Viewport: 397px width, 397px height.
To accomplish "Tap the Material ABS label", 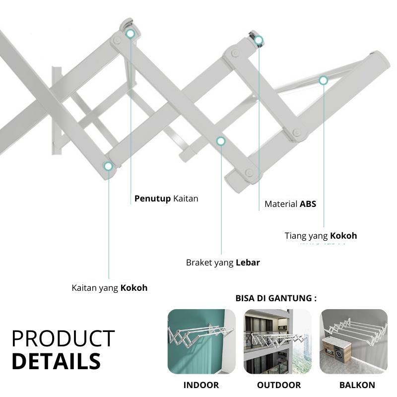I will coord(290,204).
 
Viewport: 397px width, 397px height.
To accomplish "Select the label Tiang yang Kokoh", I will coord(321,236).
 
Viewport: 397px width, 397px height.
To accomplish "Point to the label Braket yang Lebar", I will coord(223,263).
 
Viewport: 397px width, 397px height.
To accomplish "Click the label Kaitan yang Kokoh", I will coord(109,288).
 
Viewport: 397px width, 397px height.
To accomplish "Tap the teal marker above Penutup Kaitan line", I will coord(131,34).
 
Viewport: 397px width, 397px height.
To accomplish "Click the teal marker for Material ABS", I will coord(259,41).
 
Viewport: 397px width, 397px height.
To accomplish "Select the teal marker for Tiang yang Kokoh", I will coord(323,80).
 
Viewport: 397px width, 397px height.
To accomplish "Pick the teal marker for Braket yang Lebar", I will coord(221,141).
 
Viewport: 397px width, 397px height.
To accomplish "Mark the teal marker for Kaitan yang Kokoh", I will coord(108,166).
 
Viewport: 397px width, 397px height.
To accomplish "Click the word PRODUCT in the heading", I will coord(63,339).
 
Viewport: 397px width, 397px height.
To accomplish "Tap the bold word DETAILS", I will coord(56,362).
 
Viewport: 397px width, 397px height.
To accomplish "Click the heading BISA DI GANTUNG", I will coord(276,299).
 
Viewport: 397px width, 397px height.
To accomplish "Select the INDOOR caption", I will coord(201,385).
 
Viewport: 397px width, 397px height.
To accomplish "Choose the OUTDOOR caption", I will coord(279,385).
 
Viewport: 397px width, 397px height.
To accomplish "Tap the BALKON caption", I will coord(357,385).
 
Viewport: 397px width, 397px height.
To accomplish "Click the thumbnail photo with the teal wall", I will coord(201,341).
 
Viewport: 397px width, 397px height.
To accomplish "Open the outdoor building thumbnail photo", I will coord(277,341).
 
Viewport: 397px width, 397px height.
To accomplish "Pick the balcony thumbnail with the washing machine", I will coord(354,341).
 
